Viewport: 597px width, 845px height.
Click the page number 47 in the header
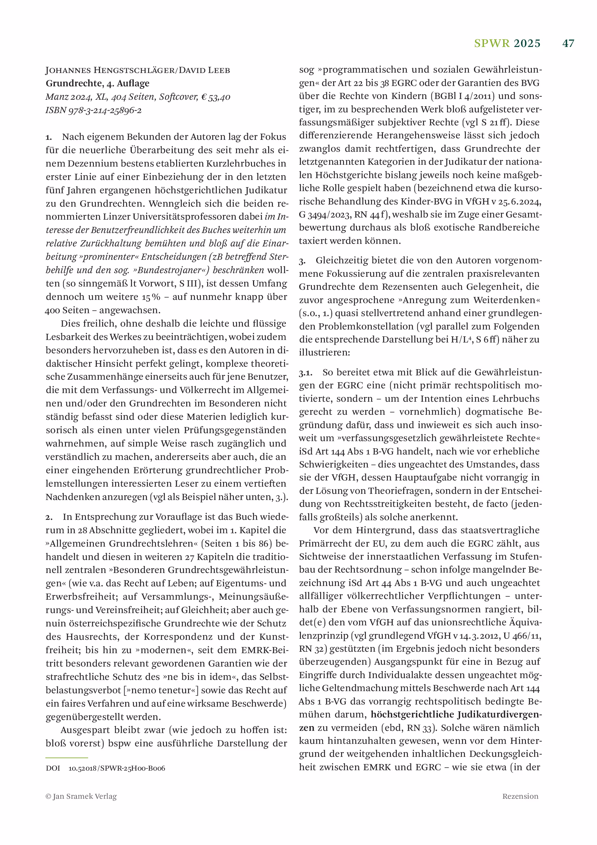tap(568, 43)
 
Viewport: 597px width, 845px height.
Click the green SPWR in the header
tap(492, 43)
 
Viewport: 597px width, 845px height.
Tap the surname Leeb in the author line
tap(217, 70)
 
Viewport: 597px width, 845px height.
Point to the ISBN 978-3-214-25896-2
tap(93, 110)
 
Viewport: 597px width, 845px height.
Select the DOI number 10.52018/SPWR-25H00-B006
tap(117, 768)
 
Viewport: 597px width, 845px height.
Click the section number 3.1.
tap(305, 373)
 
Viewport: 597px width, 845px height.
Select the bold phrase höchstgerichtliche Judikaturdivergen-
tap(456, 714)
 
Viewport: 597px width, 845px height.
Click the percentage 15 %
tap(151, 297)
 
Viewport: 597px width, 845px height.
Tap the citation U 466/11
tap(519, 635)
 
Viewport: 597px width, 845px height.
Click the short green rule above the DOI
tap(66, 758)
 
